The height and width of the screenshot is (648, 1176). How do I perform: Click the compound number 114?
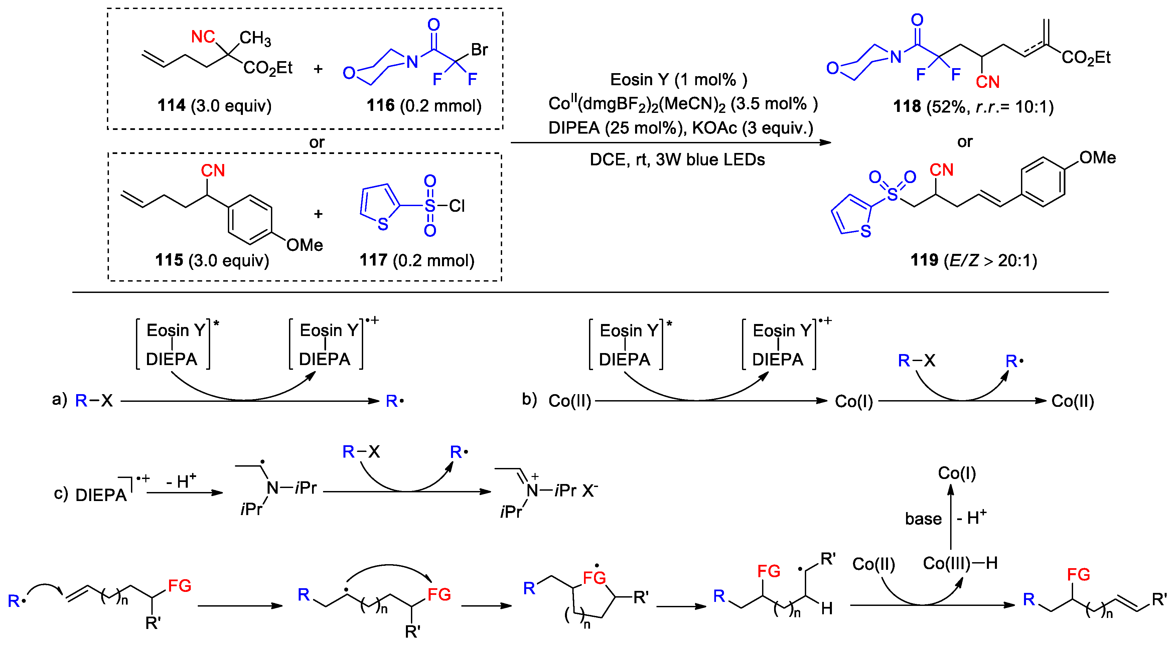(171, 106)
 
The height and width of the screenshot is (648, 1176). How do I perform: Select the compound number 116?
(380, 106)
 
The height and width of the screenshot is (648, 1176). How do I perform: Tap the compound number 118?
(907, 107)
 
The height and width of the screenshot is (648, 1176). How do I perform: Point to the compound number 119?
(924, 260)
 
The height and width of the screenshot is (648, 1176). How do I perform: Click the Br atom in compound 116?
(479, 49)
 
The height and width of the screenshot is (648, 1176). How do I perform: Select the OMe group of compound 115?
(304, 245)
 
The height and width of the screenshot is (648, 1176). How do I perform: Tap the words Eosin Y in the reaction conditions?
(638, 80)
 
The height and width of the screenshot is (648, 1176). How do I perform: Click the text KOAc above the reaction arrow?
(714, 128)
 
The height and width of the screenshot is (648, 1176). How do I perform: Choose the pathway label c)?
(61, 493)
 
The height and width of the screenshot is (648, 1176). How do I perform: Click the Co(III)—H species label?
(960, 563)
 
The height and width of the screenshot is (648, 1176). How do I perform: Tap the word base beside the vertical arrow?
(923, 519)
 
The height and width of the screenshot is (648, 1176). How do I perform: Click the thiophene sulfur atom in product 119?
(866, 231)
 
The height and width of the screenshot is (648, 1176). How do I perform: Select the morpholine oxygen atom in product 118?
(833, 68)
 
